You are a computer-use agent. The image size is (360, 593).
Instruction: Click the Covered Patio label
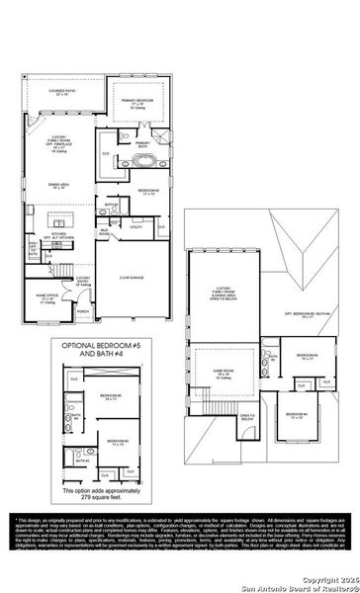coord(66,92)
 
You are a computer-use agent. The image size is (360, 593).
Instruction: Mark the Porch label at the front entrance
coord(83,310)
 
